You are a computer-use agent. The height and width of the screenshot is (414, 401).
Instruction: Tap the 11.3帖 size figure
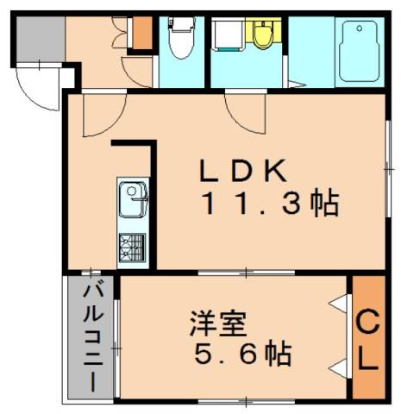coord(269,205)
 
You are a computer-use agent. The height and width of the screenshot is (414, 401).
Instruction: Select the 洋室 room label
coord(219,325)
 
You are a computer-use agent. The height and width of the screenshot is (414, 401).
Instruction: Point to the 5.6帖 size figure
coord(241,354)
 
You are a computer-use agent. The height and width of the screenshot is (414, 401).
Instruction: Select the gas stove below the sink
coord(132,248)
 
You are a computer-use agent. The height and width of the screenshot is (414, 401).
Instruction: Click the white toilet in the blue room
coord(181,39)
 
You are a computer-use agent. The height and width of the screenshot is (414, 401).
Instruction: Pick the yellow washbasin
coord(260,33)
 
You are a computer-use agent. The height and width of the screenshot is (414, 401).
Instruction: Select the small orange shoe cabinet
coord(141,32)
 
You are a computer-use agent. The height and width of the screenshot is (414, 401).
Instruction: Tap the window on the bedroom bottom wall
coord(247,400)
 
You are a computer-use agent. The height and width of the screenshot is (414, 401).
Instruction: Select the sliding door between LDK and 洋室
coord(246,273)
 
